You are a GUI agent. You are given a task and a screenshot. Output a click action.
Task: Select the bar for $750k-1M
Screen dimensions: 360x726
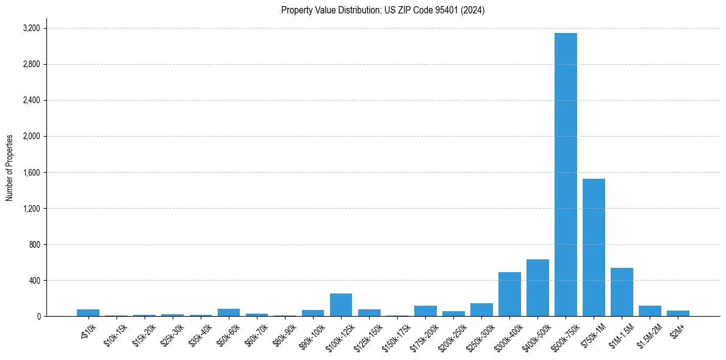[594, 247]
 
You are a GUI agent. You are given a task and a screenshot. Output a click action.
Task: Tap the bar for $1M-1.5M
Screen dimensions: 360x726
[622, 292]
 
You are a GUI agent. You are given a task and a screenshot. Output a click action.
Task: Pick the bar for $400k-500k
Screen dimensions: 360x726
[537, 288]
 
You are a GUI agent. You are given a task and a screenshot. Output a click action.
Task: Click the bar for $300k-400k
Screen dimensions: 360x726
[509, 294]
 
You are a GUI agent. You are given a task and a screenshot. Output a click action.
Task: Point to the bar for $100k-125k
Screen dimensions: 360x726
[341, 305]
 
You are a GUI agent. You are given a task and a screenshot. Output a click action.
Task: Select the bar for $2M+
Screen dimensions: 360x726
[678, 314]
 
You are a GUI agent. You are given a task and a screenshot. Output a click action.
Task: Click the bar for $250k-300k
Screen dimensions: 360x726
[481, 310]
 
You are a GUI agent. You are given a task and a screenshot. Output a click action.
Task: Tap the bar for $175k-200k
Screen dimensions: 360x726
[425, 311]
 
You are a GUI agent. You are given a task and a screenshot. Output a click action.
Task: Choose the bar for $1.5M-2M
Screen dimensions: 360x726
[650, 311]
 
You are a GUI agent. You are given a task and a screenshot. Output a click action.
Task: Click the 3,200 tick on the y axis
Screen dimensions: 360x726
[31, 28]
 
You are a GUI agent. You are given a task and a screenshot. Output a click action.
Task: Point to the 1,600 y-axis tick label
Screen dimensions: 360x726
[31, 173]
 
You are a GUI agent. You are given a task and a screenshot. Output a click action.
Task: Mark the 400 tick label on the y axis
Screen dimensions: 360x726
[34, 281]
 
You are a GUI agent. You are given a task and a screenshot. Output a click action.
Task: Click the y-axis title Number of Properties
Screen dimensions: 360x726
[9, 168]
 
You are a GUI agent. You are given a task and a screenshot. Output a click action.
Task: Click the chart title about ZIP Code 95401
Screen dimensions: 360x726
[383, 10]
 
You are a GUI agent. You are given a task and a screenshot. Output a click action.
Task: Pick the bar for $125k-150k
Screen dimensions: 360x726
[369, 313]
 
